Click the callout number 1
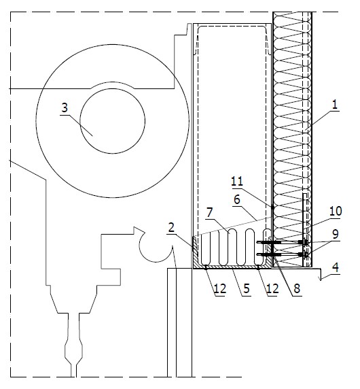click(x=335, y=105)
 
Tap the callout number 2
click(x=171, y=228)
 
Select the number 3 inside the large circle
click(x=65, y=108)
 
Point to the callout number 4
click(x=336, y=267)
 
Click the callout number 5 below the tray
click(x=247, y=289)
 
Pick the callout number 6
click(x=237, y=199)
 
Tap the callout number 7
click(x=210, y=213)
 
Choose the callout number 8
click(x=297, y=289)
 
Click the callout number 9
click(x=336, y=234)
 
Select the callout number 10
click(x=336, y=212)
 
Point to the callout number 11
click(x=237, y=182)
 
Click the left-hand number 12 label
click(x=220, y=289)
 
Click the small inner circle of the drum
click(x=112, y=121)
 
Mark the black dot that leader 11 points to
click(x=272, y=207)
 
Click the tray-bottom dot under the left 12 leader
click(x=206, y=267)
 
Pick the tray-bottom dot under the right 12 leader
click(x=258, y=267)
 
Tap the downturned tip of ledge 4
click(x=321, y=280)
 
